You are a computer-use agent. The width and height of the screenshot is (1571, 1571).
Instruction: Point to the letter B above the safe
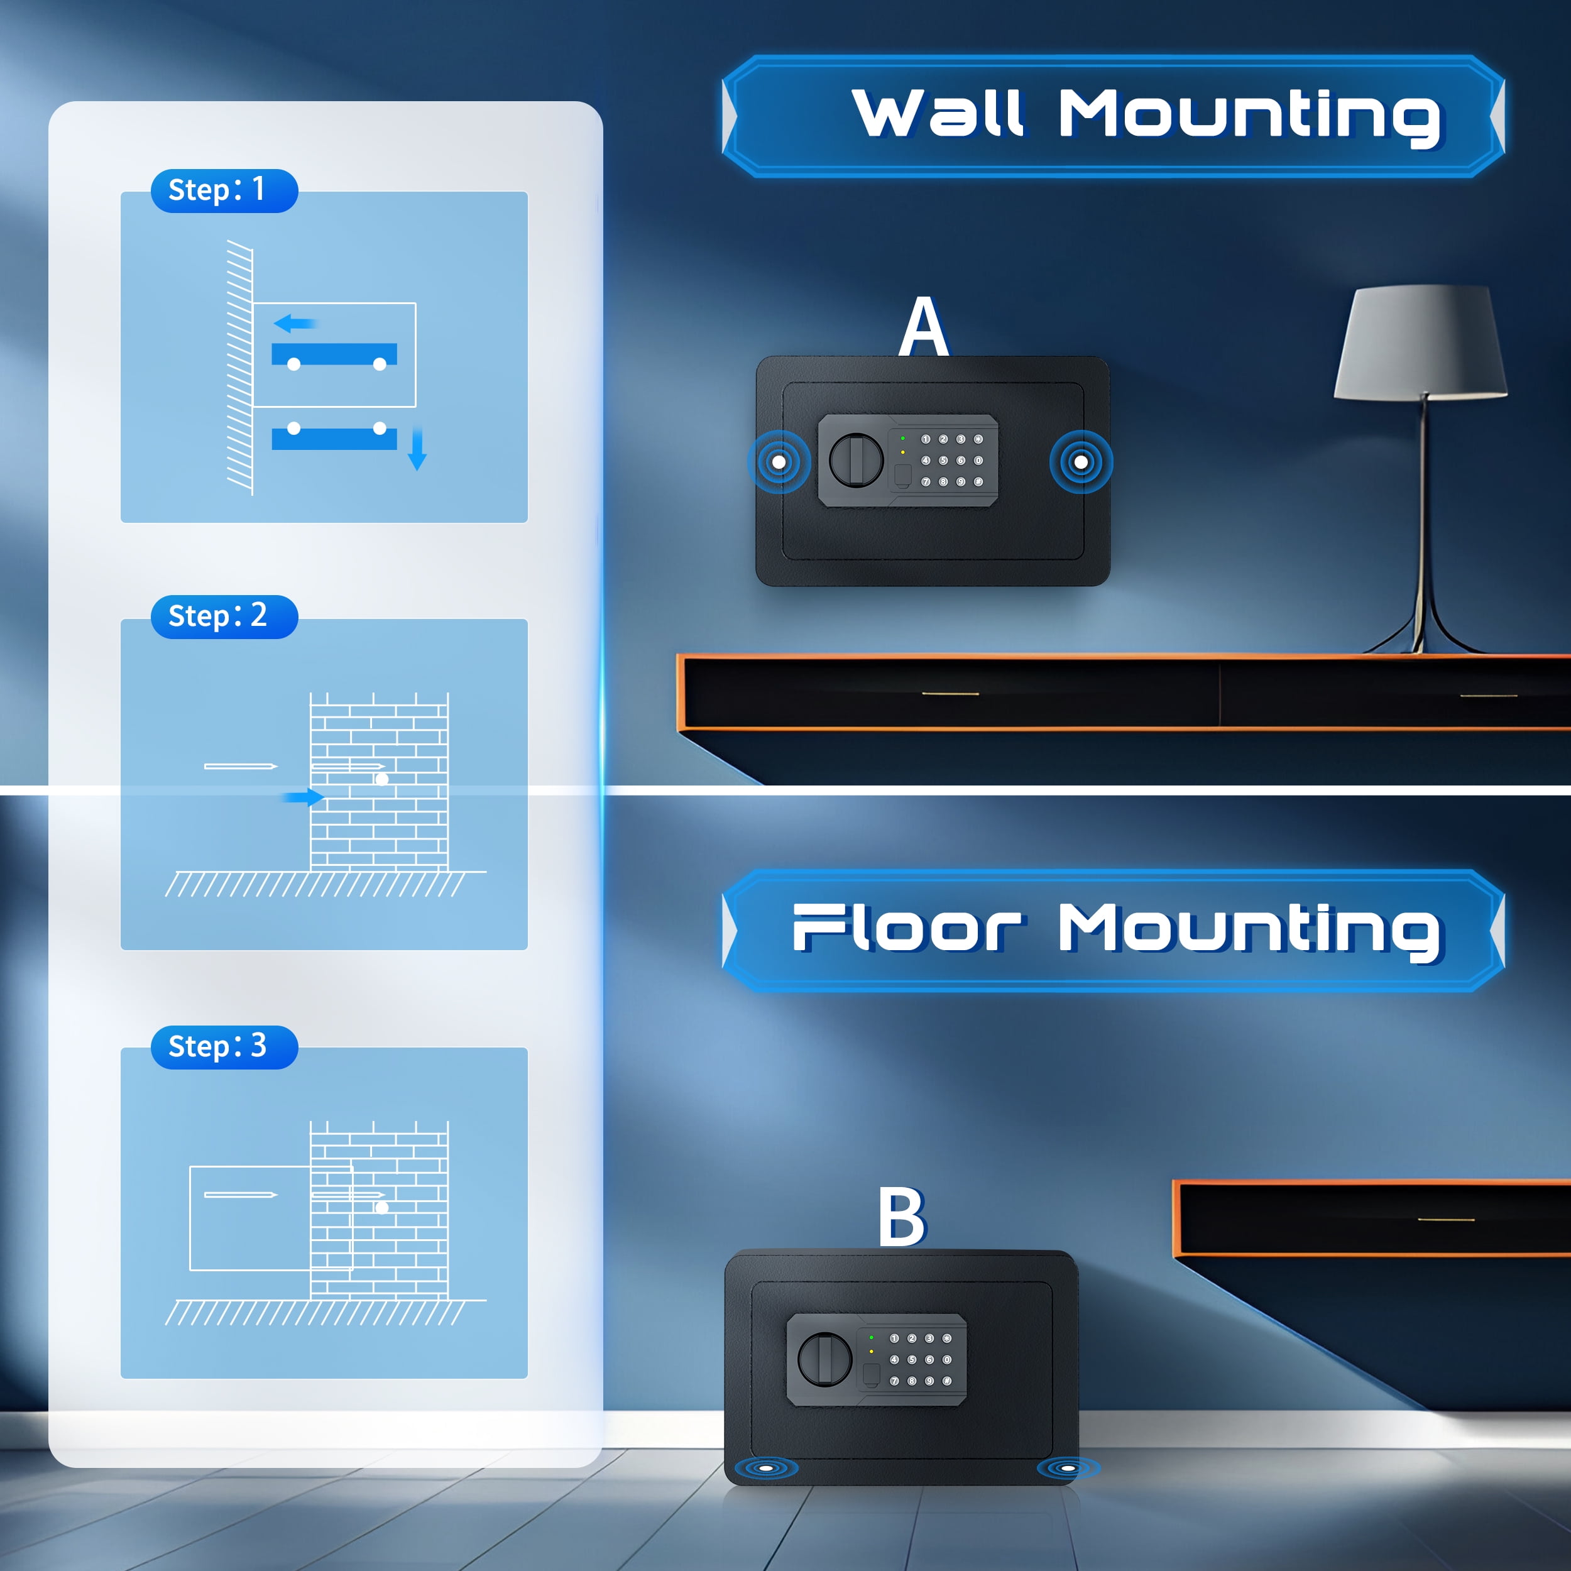pos(902,1217)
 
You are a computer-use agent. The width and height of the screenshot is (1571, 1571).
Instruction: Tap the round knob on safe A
pos(855,459)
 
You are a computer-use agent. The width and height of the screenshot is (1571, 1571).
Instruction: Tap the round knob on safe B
pos(824,1359)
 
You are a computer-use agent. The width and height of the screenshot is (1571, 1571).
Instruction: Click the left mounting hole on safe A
pos(778,462)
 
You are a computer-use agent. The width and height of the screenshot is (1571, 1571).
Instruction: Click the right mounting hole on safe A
pos(1081,462)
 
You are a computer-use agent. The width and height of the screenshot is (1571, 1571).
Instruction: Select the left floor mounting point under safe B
pos(765,1468)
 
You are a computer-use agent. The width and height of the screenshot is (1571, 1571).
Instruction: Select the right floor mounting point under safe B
pos(1068,1468)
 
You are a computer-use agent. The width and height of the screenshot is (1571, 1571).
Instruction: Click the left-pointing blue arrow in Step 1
pos(294,324)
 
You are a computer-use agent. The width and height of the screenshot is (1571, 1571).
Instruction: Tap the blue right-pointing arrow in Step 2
pos(305,797)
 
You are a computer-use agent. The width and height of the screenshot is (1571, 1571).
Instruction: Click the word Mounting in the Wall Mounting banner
pos(1249,116)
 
